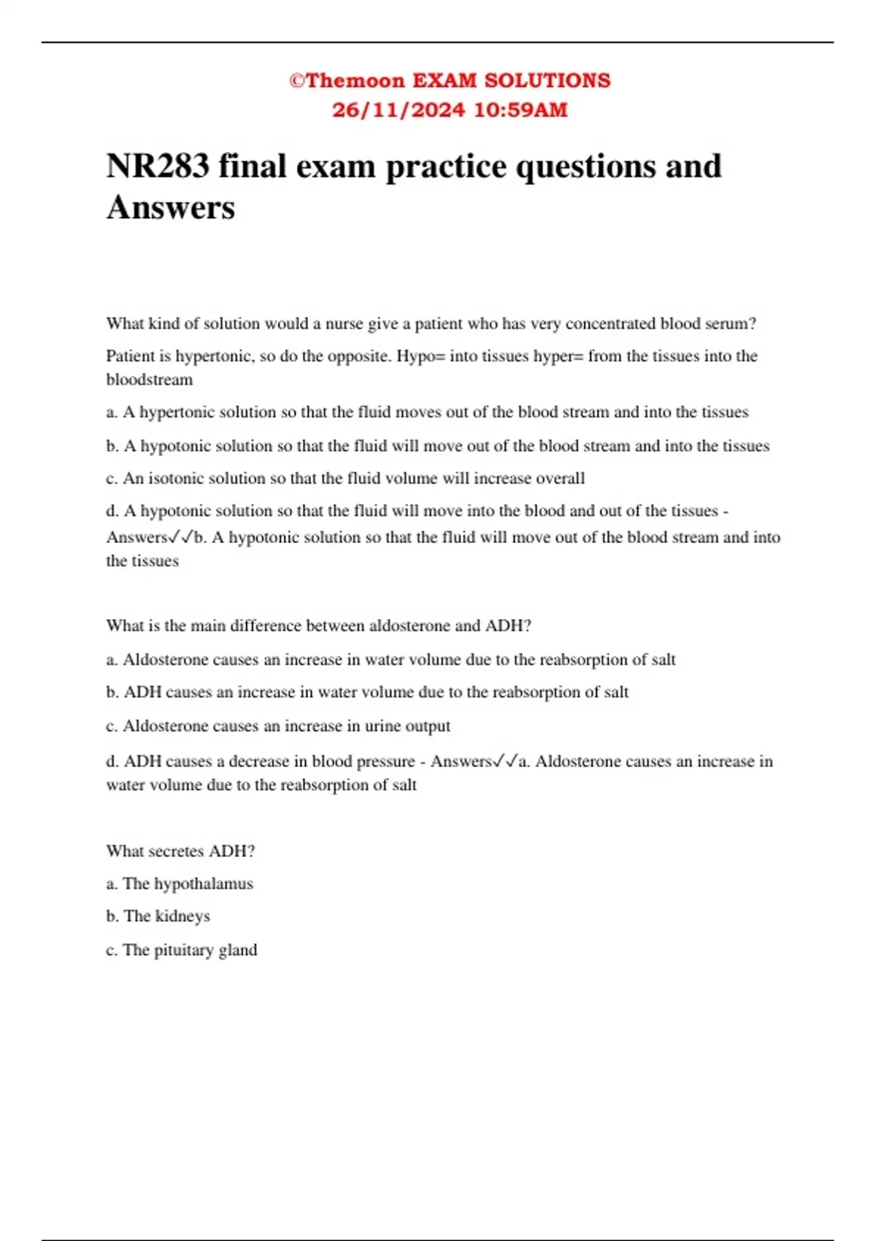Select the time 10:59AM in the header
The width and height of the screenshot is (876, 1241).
(520, 110)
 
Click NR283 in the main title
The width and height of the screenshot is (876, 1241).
(157, 166)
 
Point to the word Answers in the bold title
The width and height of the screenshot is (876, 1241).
(171, 207)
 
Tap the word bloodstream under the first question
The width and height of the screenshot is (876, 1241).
(150, 380)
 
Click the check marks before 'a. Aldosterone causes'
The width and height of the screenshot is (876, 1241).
(505, 761)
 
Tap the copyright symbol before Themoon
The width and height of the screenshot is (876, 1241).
(296, 80)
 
